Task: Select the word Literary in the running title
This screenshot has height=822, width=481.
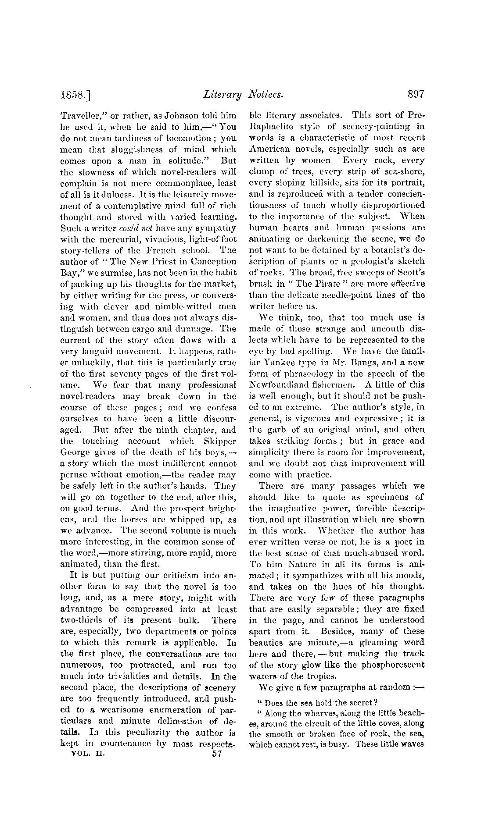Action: pyautogui.click(x=223, y=94)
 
